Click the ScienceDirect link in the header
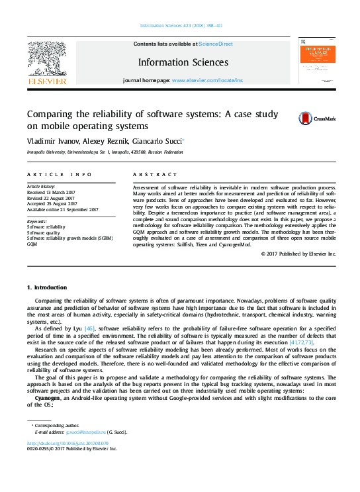216,44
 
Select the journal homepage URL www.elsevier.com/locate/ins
207,80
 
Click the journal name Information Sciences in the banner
183,62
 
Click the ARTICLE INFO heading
59,174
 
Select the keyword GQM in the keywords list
32,244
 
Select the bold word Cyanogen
48,397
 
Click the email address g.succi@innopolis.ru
97,432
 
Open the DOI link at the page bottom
67,443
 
